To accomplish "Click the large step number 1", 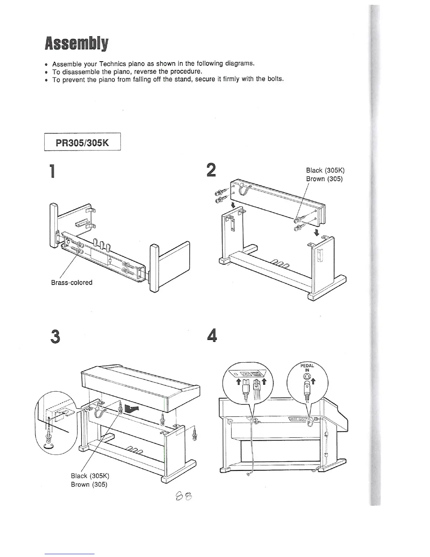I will pos(52,171).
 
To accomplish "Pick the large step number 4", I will pos(212,336).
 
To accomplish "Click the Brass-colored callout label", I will pos(72,282).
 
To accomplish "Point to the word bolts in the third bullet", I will pos(275,79).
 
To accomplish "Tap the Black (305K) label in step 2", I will pos(325,171).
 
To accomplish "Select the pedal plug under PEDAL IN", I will pos(307,389).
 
